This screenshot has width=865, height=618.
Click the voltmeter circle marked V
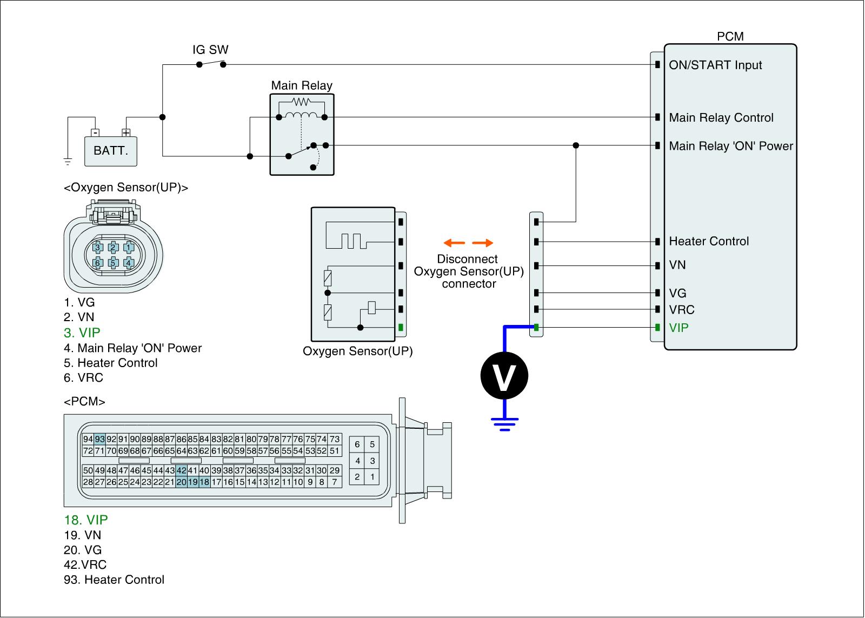pos(504,376)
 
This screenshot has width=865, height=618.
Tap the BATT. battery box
pos(111,150)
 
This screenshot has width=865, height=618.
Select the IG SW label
pos(210,50)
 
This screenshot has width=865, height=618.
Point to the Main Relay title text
pos(302,85)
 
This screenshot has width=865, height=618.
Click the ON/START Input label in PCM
pos(715,65)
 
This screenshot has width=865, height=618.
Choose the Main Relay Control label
pos(721,118)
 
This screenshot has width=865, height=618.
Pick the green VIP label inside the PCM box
pos(679,328)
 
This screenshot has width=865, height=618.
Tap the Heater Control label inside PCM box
pos(709,241)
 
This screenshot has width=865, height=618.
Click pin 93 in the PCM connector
pos(99,439)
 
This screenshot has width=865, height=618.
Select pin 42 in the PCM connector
pos(181,470)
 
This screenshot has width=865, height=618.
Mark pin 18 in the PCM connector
pos(204,482)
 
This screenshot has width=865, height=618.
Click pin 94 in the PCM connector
pos(88,439)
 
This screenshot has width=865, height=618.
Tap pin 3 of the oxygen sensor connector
pos(98,248)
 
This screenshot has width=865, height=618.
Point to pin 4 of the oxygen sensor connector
pos(129,263)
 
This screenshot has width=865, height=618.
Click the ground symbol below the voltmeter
pos(504,423)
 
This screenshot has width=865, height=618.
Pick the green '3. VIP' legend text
pos(82,333)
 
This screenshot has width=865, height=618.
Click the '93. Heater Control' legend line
pos(114,580)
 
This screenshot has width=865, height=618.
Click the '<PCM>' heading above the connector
pos(84,402)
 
